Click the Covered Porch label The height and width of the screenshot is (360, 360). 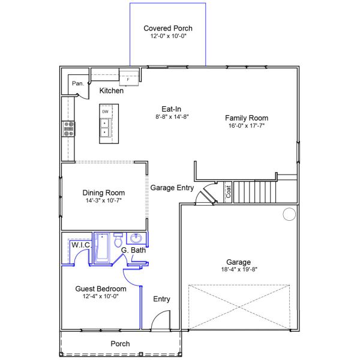(168, 28)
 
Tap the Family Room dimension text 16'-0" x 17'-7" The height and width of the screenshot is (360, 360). (246, 126)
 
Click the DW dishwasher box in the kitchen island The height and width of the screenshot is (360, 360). (105, 112)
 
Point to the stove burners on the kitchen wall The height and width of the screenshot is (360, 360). (69, 127)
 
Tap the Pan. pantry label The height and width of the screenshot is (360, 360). (77, 83)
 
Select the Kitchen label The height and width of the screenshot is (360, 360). (112, 91)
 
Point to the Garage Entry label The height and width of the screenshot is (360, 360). (172, 187)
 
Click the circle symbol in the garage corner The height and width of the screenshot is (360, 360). (289, 214)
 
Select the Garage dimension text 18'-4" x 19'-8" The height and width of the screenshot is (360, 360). (239, 270)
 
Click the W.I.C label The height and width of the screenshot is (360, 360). (80, 245)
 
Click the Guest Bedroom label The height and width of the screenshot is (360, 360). (101, 289)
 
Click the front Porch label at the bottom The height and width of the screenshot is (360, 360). (120, 344)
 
